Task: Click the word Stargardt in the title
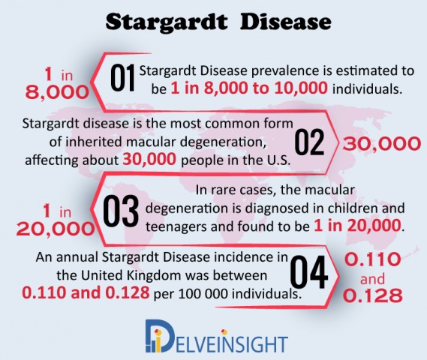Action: coord(166,22)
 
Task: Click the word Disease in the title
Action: coord(286,22)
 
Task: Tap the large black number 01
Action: coord(123,77)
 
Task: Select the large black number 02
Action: coord(309,142)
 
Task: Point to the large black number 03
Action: coord(121,211)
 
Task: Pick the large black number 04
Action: coord(309,272)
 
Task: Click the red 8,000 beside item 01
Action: coord(57,92)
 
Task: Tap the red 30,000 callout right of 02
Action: coord(382,144)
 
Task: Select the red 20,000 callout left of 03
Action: coord(56,229)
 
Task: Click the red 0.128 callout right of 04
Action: coord(373,295)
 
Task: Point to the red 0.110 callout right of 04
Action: coord(373,259)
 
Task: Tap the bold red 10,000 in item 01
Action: coord(301,88)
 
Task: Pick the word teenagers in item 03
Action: coord(176,226)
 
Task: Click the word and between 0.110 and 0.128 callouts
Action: coord(372,279)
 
